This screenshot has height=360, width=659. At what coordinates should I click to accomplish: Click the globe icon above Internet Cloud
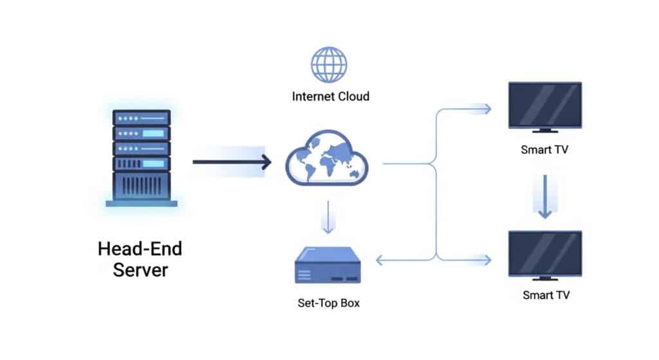[x=329, y=64]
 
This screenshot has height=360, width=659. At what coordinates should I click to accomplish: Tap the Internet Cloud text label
[x=330, y=97]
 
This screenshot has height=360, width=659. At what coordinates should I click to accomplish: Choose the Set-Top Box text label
[x=329, y=303]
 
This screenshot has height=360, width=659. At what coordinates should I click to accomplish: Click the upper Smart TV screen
[x=544, y=104]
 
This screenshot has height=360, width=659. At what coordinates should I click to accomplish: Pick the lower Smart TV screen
[x=544, y=252]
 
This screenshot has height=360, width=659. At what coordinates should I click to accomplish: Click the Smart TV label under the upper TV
[x=544, y=150]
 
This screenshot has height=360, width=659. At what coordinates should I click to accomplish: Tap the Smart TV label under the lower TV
[x=544, y=296]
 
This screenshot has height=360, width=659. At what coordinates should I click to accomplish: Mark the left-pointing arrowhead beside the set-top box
[x=380, y=260]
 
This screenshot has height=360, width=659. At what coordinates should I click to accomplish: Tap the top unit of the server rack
[x=142, y=118]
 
